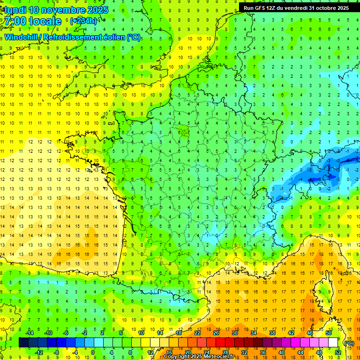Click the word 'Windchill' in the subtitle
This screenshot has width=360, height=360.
(21, 37)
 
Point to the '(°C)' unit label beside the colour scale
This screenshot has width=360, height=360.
(348, 343)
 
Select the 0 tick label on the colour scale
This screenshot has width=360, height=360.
(93, 352)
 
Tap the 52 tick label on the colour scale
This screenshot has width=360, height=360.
(338, 352)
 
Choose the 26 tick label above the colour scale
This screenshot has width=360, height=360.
(216, 333)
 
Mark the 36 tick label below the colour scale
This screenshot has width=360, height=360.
(262, 352)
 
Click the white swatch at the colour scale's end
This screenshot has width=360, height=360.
(333, 343)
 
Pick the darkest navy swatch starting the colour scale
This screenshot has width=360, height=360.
(23, 343)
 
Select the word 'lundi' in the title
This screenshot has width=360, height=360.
(15, 10)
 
